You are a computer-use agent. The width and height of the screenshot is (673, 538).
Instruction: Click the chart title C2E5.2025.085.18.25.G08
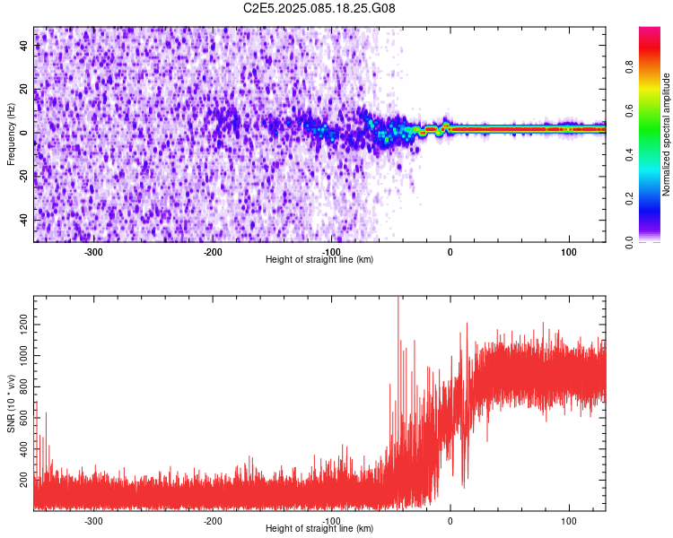pyautogui.click(x=319, y=8)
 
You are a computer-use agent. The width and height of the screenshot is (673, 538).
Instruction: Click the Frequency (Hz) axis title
pyautogui.click(x=11, y=134)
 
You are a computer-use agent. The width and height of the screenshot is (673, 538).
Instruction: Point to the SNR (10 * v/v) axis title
pyautogui.click(x=11, y=403)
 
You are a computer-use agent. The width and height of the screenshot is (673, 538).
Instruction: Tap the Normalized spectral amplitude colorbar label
pyautogui.click(x=667, y=134)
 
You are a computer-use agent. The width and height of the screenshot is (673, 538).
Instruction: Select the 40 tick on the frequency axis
pyautogui.click(x=25, y=47)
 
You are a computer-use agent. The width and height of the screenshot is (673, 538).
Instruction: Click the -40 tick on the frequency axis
pyautogui.click(x=23, y=220)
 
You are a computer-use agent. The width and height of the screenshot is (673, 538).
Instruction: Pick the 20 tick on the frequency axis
pyautogui.click(x=25, y=90)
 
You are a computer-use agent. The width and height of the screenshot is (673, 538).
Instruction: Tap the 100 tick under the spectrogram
pyautogui.click(x=569, y=252)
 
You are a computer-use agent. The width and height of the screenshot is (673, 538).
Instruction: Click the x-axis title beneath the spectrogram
pyautogui.click(x=319, y=260)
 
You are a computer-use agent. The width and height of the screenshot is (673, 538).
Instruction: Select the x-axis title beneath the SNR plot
pyautogui.click(x=319, y=529)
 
